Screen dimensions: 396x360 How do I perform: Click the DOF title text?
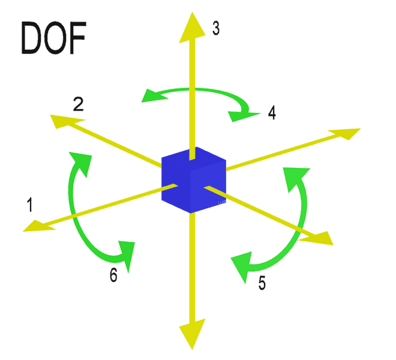pyautogui.click(x=53, y=37)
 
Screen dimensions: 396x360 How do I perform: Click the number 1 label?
pyautogui.click(x=30, y=205)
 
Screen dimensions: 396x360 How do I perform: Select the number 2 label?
pyautogui.click(x=78, y=104)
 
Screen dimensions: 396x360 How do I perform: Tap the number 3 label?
pyautogui.click(x=216, y=28)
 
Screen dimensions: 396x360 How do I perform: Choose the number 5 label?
pyautogui.click(x=262, y=283)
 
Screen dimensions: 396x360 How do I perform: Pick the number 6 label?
pyautogui.click(x=113, y=275)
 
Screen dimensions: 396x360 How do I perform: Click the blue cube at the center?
pyautogui.click(x=194, y=180)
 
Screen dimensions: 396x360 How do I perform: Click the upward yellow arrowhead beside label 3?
pyautogui.click(x=192, y=27)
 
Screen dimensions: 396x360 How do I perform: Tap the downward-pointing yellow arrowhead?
pyautogui.click(x=192, y=334)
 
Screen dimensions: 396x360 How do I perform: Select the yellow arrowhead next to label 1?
pyautogui.click(x=39, y=226)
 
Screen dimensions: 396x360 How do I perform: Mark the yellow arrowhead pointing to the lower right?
pyautogui.click(x=317, y=238)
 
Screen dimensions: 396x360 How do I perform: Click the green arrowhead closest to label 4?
pyautogui.click(x=243, y=116)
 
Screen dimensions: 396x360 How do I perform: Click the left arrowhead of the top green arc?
pyautogui.click(x=154, y=96)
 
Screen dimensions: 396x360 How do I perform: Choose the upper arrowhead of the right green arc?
pyautogui.click(x=295, y=179)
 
